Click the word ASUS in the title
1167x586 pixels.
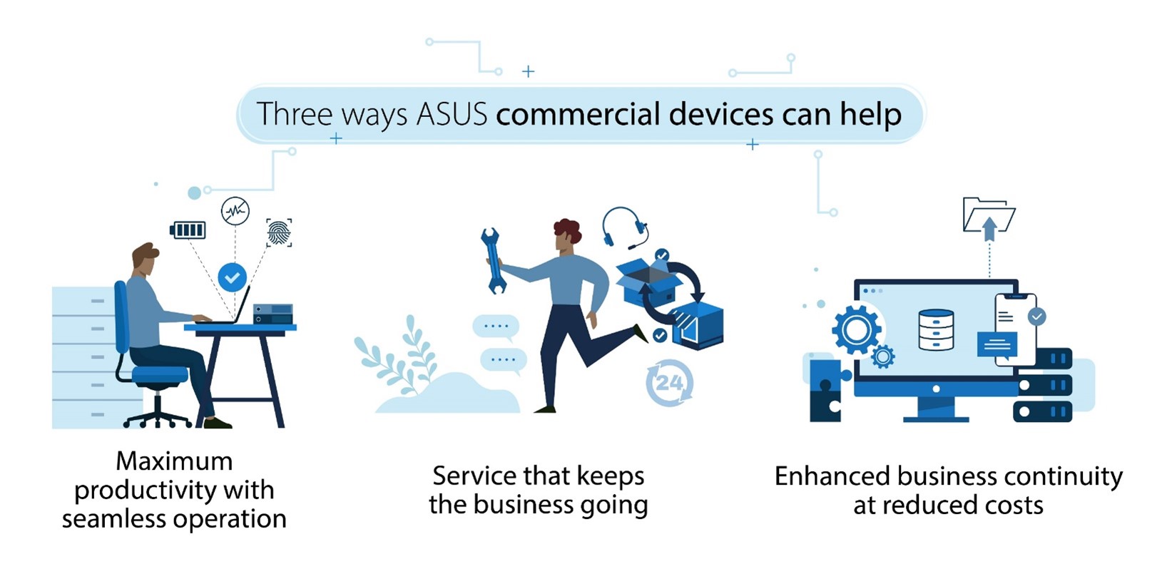[452, 114]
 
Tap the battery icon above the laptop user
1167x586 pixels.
[188, 230]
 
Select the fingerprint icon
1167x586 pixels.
[279, 232]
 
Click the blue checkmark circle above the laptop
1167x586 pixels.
[233, 277]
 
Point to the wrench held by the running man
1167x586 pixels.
[492, 260]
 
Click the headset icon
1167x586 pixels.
[625, 227]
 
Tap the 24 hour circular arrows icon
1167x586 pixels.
[670, 383]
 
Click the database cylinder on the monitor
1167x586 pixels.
[936, 329]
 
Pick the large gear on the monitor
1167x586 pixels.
[856, 329]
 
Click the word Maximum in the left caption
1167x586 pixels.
[174, 461]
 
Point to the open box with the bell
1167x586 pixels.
[649, 281]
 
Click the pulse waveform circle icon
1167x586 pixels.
[235, 211]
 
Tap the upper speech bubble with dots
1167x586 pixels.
[496, 327]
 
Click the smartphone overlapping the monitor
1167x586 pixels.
[1015, 329]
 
